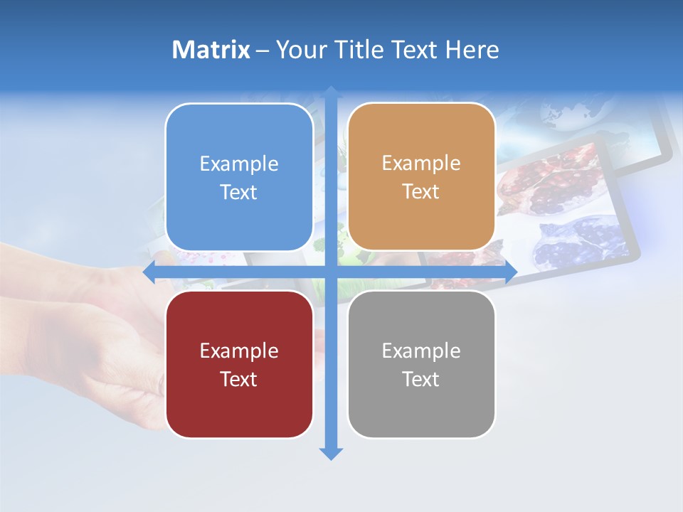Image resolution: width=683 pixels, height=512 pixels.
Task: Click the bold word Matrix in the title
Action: (x=211, y=50)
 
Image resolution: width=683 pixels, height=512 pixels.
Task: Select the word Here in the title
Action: (x=472, y=50)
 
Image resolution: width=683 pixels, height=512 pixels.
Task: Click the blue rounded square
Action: (x=239, y=177)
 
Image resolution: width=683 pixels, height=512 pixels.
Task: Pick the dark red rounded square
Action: (x=239, y=364)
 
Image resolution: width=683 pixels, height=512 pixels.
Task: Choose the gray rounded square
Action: (x=421, y=364)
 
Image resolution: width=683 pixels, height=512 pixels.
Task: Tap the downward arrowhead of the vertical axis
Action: (x=331, y=453)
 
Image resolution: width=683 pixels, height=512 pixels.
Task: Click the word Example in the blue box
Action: (x=239, y=164)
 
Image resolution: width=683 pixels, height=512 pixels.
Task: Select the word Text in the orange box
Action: (x=421, y=192)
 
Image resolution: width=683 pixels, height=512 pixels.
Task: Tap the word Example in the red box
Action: (x=239, y=351)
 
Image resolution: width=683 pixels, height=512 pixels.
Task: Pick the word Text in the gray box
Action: (x=421, y=379)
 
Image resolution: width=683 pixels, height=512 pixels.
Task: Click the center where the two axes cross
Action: (x=331, y=272)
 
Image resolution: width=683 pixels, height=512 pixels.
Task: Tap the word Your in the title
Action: (x=299, y=50)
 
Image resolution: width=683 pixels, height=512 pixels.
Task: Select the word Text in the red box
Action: (x=239, y=379)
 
